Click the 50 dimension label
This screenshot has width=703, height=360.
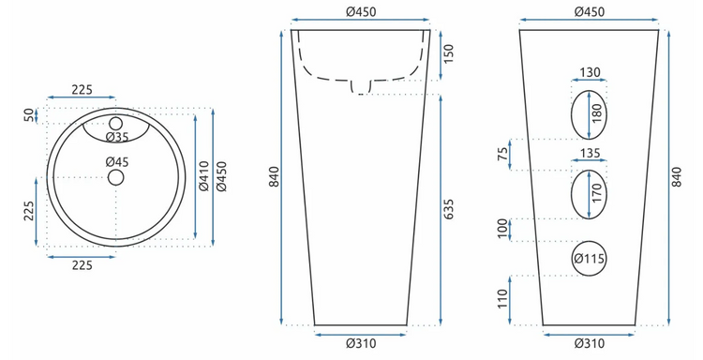29,115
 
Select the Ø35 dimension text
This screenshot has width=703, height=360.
117,137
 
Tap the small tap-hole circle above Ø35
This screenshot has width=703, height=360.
115,124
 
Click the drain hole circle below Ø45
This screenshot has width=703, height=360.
115,177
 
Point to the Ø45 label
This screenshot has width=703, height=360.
117,161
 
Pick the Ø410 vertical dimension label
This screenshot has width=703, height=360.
204,175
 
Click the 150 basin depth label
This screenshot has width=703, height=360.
448,53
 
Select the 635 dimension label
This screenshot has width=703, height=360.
448,209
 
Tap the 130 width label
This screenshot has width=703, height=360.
590,72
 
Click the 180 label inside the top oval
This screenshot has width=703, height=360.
596,113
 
